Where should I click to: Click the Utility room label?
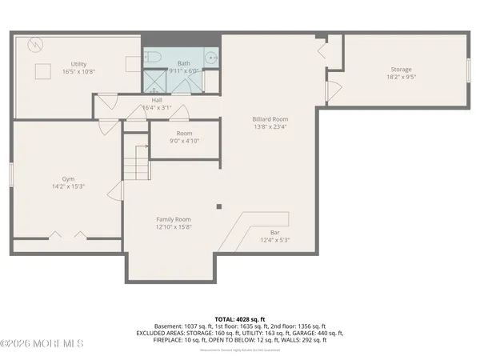pos(78,64)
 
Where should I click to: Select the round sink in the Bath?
pos(210,57)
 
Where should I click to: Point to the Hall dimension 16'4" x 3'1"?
pos(157,107)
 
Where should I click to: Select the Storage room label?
pos(401,70)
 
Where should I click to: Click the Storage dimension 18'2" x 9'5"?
pos(401,78)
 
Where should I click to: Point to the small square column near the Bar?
pos(218,206)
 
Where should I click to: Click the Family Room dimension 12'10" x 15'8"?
pos(173,226)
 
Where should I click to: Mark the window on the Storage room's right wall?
pos(470,70)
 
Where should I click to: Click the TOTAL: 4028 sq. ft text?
pos(240,318)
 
